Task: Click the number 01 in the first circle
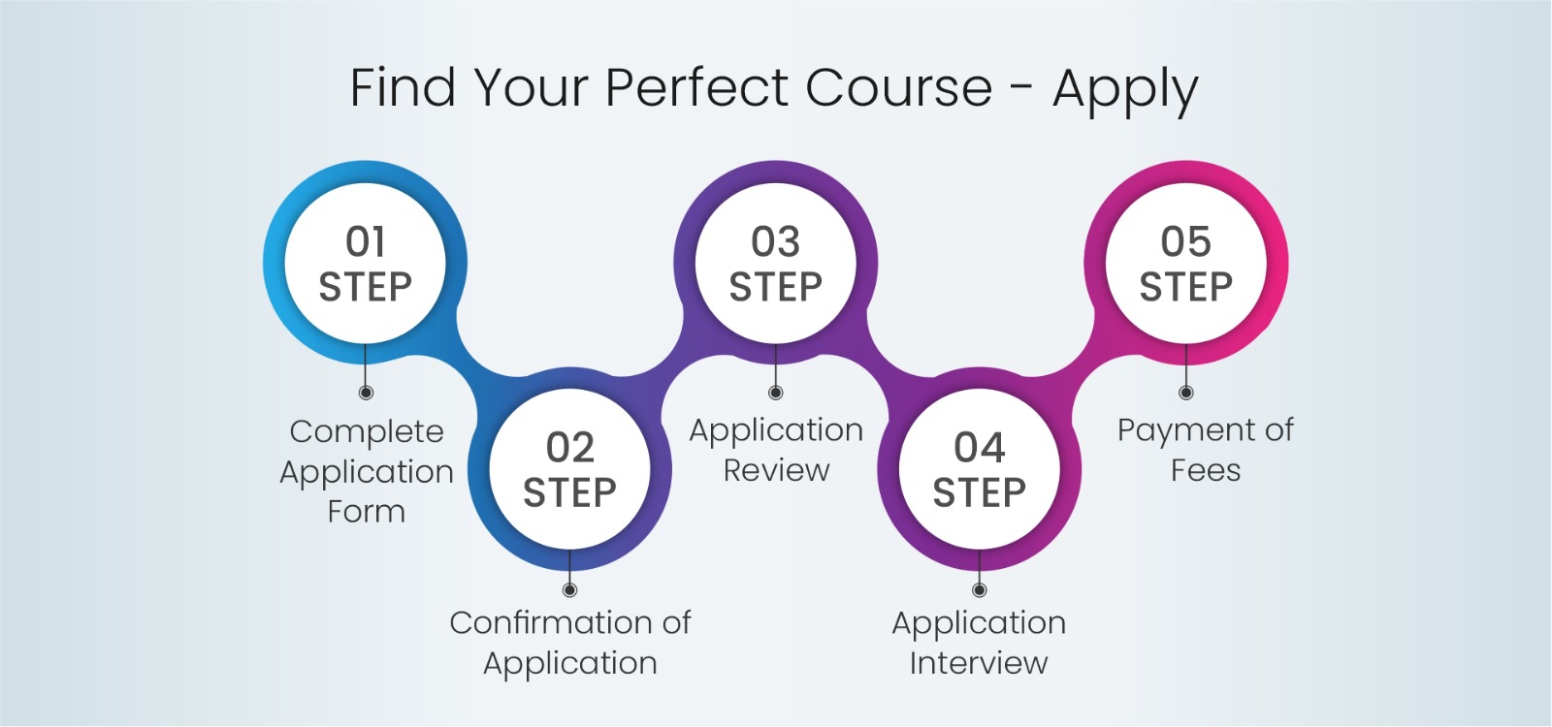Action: coord(365,241)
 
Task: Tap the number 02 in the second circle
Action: coord(570,447)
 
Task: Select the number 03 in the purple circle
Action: coord(775,241)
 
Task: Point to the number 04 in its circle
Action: coord(979,447)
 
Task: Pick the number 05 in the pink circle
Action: coord(1185,241)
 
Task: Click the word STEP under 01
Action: coord(365,287)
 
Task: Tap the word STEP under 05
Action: coord(1185,287)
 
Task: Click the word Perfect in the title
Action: coord(696,88)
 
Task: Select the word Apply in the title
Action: coord(1125,90)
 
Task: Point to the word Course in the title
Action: coord(898,88)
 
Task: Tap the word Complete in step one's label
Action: coord(367,433)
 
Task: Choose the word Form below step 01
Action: coord(367,512)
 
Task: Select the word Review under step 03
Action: coord(776,471)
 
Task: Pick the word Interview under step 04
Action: coord(979,663)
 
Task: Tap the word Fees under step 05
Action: coord(1206,471)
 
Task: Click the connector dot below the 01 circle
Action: coord(366,393)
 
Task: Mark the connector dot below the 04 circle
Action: coord(979,590)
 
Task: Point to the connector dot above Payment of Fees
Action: coord(1185,393)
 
